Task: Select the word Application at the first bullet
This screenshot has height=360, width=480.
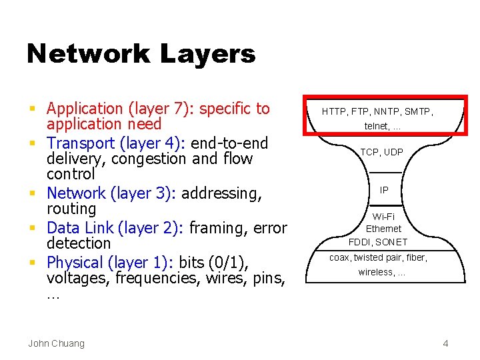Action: tap(85, 109)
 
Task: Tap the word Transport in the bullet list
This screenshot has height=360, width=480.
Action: tap(82, 143)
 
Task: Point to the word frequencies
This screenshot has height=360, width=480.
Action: tap(156, 278)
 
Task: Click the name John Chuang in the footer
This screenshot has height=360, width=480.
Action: tap(56, 343)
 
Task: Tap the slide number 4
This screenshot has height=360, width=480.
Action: tap(445, 343)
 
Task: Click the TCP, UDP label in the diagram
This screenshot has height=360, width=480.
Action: tap(382, 152)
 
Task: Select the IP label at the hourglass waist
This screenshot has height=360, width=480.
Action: tap(384, 190)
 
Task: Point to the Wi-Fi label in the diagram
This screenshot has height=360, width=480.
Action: tap(383, 217)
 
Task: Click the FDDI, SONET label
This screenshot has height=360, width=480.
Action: tap(378, 241)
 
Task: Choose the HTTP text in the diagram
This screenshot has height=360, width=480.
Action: tap(334, 112)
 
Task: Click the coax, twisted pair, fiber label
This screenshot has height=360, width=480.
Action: tap(378, 258)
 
